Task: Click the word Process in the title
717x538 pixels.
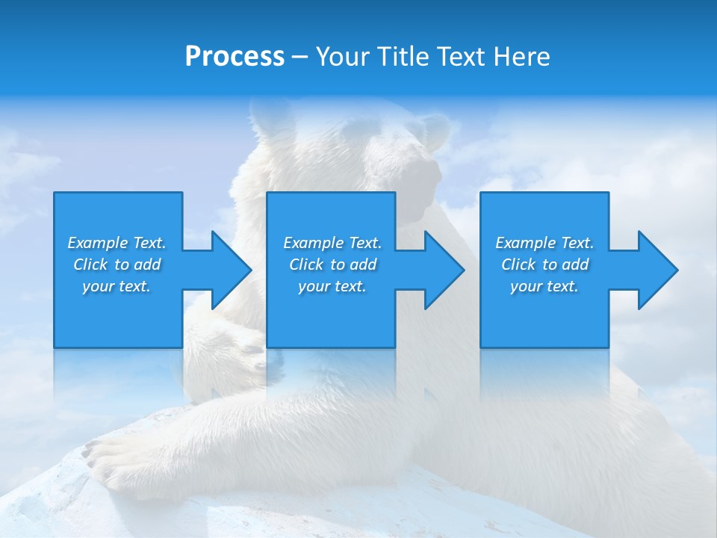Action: tap(235, 56)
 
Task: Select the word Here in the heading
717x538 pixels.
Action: tap(520, 56)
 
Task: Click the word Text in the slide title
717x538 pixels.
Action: tap(458, 56)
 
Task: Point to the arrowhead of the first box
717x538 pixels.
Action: tap(232, 270)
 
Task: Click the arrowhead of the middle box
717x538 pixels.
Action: tap(444, 270)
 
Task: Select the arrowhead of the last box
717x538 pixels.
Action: tap(658, 270)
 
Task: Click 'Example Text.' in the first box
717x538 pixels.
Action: tap(117, 243)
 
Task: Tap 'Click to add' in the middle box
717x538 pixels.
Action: tap(332, 265)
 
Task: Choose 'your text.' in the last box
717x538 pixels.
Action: tap(544, 286)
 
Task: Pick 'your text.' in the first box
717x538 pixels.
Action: tap(117, 286)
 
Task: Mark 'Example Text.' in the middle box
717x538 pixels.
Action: tap(332, 243)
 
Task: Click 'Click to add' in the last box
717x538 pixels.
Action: tap(544, 265)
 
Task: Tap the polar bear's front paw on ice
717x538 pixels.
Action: tap(112, 460)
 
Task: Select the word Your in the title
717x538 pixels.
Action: tap(341, 56)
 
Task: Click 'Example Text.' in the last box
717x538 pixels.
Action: tap(544, 243)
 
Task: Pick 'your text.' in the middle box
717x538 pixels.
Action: tap(332, 286)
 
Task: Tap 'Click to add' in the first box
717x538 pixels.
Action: tap(117, 265)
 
